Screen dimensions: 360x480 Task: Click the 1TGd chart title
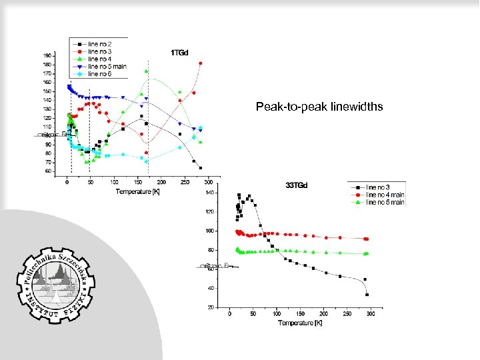[x=178, y=51]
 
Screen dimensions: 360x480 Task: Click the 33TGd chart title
[x=297, y=185]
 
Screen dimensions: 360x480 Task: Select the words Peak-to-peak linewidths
[x=319, y=106]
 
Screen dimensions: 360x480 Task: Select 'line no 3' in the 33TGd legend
[x=381, y=188]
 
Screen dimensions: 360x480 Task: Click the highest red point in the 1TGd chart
[x=201, y=63]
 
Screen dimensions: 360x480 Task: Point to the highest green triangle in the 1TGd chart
[x=147, y=71]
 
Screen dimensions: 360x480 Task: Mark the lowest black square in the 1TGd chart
[x=201, y=168]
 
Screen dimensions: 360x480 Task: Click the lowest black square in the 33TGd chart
[x=367, y=294]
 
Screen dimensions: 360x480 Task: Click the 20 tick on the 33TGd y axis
[x=210, y=308]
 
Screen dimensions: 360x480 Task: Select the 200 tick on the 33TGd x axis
[x=323, y=313]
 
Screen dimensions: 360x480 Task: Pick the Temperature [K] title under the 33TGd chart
[x=300, y=323]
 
